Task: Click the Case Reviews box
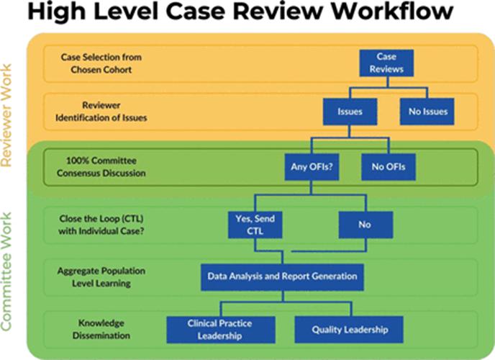(386, 63)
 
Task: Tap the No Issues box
(427, 112)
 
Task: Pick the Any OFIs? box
(310, 167)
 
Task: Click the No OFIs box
(389, 167)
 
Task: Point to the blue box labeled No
(365, 225)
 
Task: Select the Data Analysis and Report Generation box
(282, 276)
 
